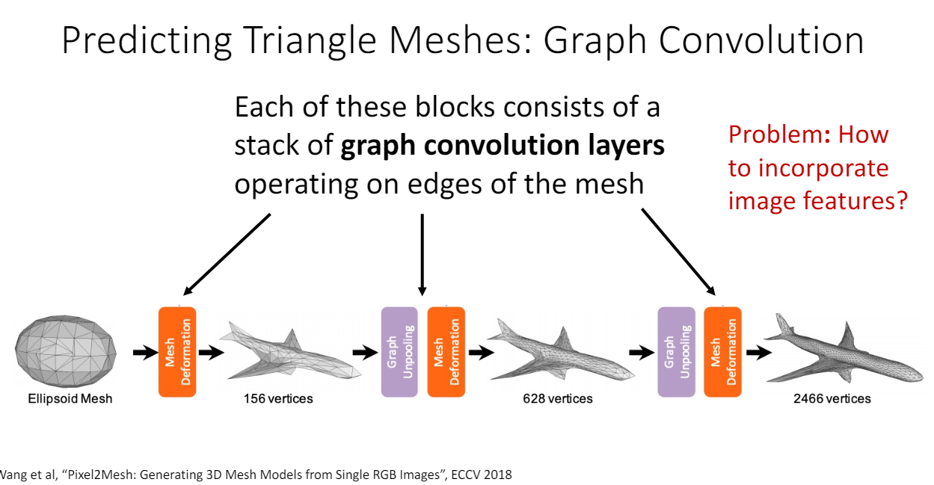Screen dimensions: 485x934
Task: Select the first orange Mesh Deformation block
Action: [177, 351]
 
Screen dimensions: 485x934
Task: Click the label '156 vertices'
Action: [278, 398]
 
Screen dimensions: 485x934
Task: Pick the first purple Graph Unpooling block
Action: [399, 351]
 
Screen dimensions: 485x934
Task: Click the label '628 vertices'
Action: [558, 398]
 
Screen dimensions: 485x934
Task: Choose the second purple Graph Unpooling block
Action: [676, 351]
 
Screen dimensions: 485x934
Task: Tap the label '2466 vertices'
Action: [832, 398]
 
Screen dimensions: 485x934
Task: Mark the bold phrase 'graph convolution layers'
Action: [503, 145]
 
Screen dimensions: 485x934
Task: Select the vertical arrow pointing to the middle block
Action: [423, 254]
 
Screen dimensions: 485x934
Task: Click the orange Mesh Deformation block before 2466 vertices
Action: [722, 351]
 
